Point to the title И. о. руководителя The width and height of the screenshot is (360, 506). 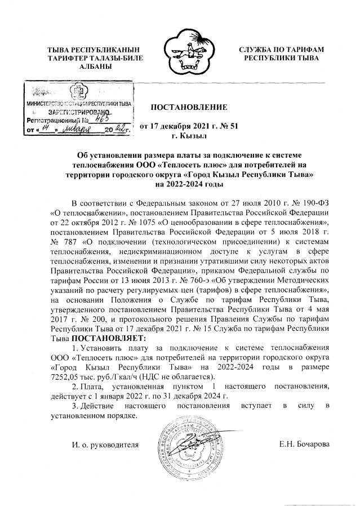coord(105,445)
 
